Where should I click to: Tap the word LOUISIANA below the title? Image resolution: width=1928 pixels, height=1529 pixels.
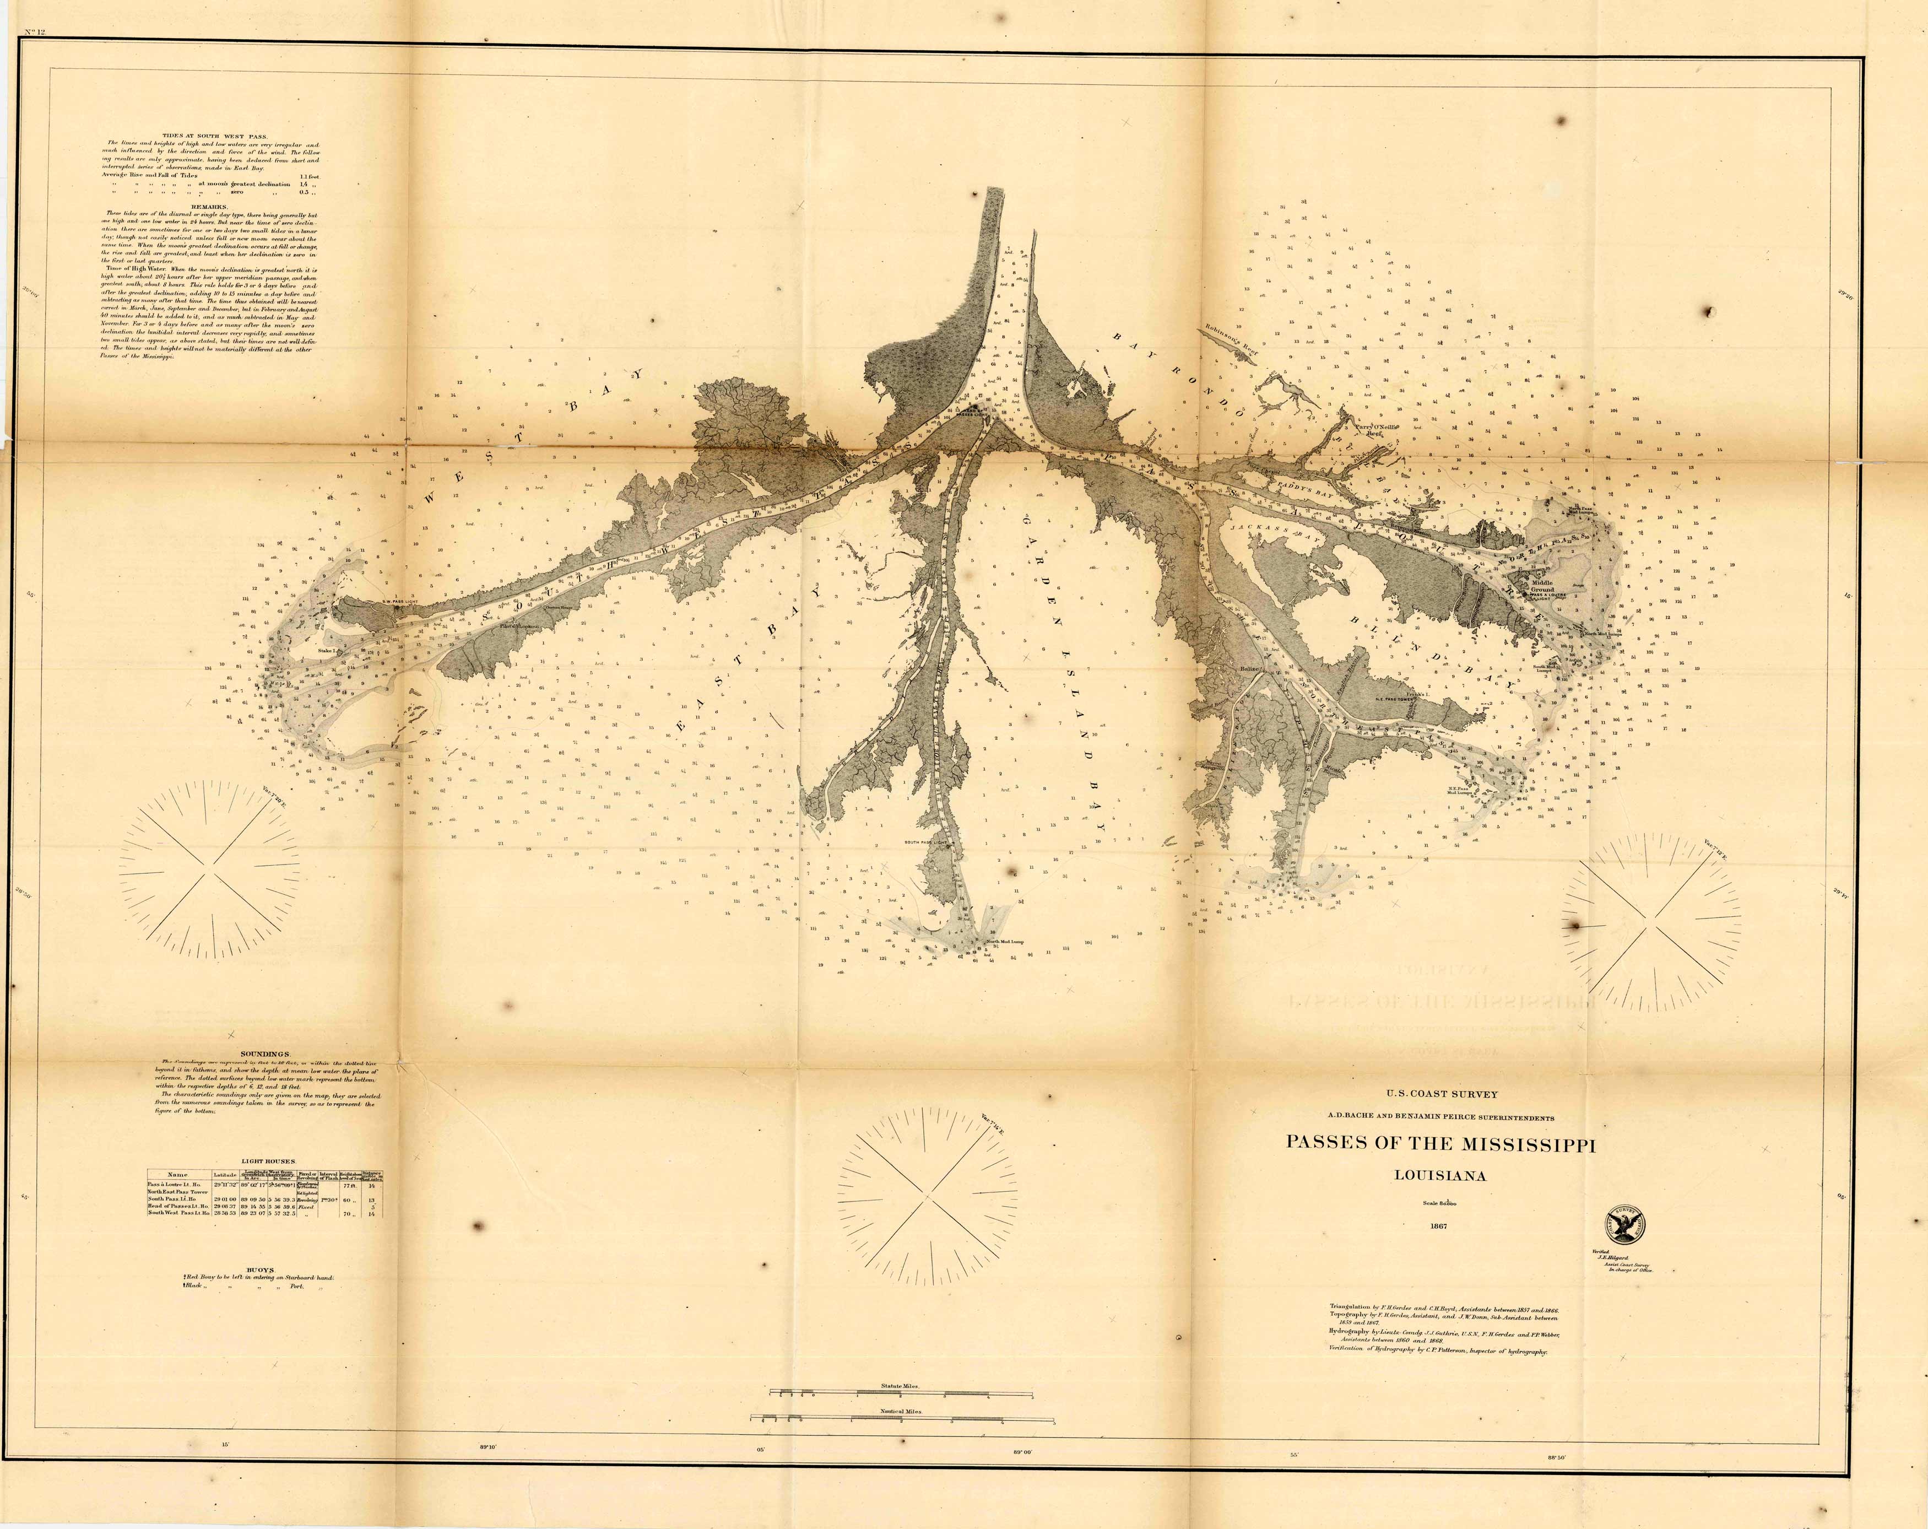(x=1440, y=1176)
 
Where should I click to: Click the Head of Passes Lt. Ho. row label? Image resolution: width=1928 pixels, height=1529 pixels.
(x=179, y=1206)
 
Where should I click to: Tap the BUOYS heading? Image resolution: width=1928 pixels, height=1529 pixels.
(x=260, y=1268)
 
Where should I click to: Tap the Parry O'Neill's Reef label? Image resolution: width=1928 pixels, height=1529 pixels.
(x=1375, y=429)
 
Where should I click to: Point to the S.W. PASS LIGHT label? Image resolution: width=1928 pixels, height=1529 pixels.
(x=400, y=601)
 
